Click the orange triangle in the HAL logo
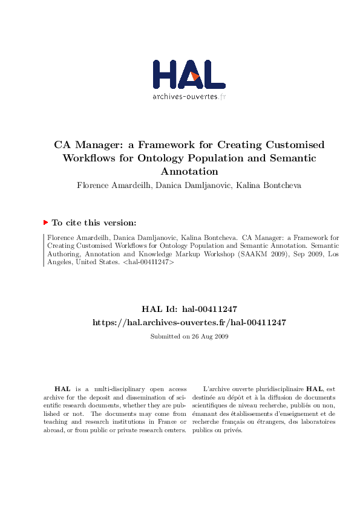pyautogui.click(x=195, y=76)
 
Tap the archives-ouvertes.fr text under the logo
pyautogui.click(x=189, y=96)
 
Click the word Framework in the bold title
pyautogui.click(x=166, y=145)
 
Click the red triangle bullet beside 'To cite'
pyautogui.click(x=45, y=222)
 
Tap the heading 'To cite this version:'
pyautogui.click(x=93, y=222)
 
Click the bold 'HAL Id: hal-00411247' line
pyautogui.click(x=189, y=309)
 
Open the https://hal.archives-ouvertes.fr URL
pyautogui.click(x=189, y=323)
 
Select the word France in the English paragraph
pyautogui.click(x=162, y=422)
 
